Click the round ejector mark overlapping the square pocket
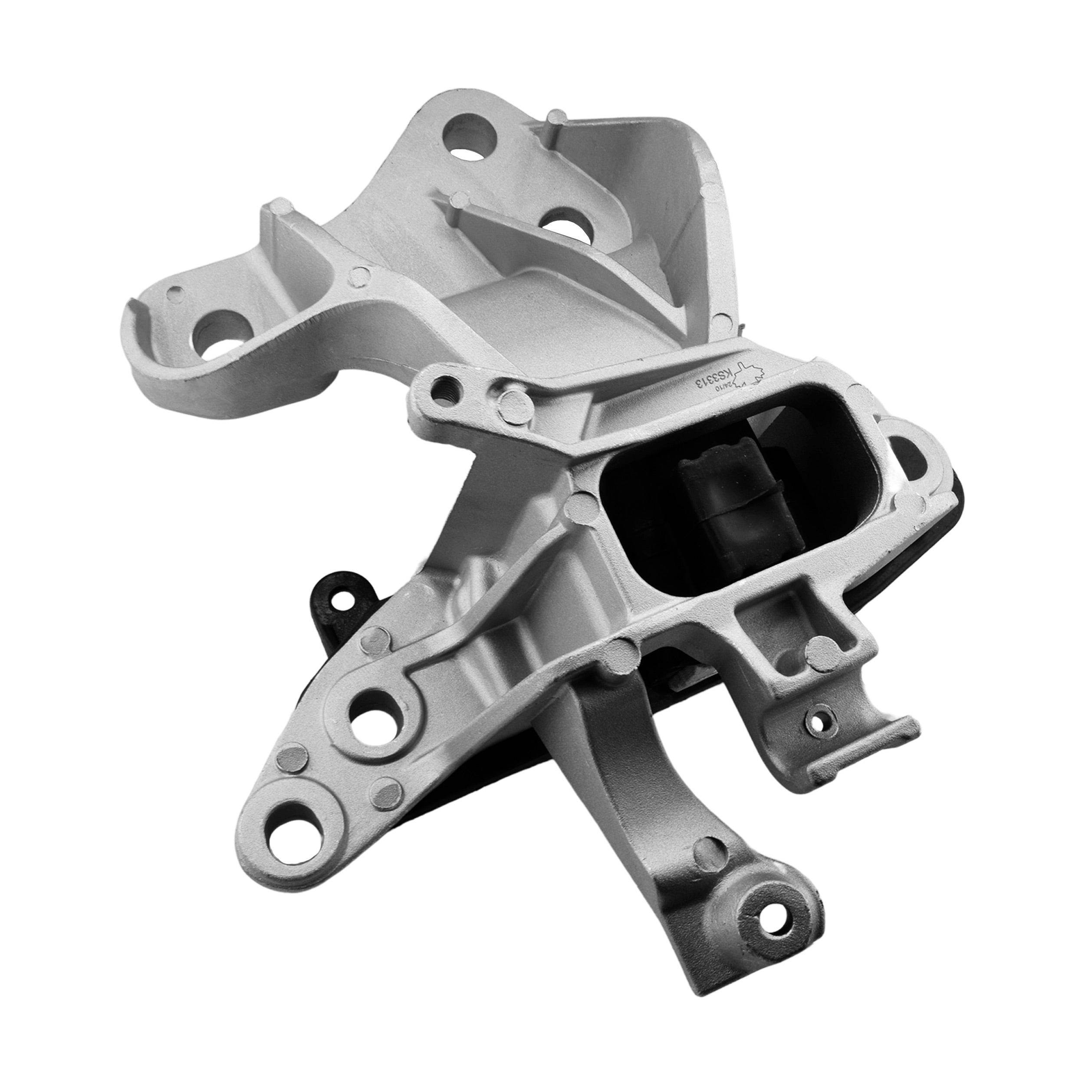pyautogui.click(x=822, y=651)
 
